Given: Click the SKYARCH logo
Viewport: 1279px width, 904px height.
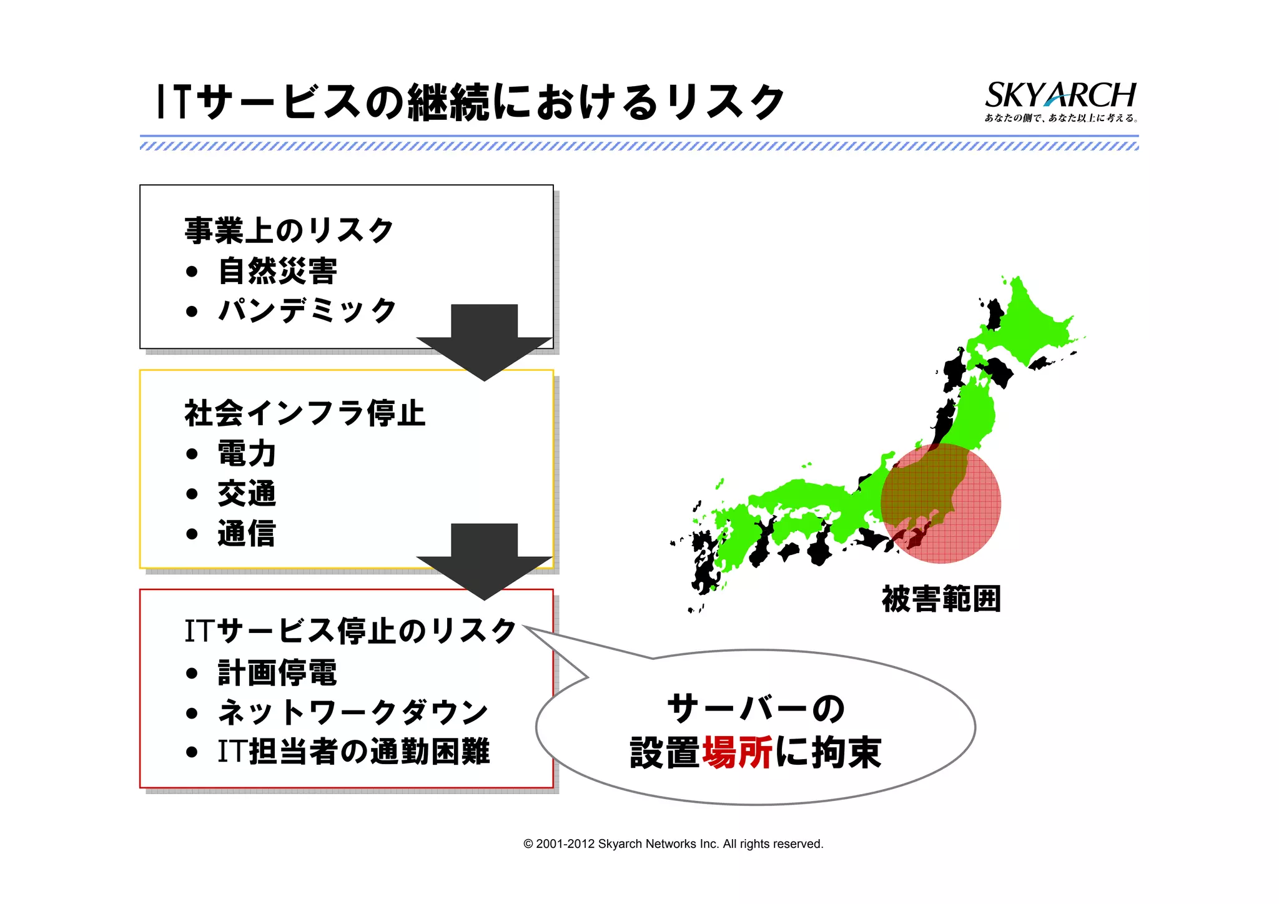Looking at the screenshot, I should [x=1060, y=100].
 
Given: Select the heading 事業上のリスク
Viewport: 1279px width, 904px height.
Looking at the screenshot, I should [x=289, y=230].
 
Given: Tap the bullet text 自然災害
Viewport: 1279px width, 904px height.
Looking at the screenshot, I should [x=277, y=271].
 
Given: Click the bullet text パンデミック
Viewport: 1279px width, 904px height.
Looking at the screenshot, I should [x=307, y=310].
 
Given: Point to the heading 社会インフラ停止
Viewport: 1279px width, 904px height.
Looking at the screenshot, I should [x=304, y=413].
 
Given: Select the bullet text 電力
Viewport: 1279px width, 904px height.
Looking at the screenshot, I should [x=247, y=453].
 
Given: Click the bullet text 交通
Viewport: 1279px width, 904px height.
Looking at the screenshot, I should [x=247, y=493].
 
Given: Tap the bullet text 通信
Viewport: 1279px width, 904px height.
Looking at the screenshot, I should [x=247, y=534].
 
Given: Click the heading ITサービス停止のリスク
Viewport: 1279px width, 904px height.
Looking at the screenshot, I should [x=350, y=631].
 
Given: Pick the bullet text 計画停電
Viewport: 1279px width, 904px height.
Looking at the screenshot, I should [x=277, y=672].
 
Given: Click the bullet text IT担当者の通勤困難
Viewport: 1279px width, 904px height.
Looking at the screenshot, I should [x=353, y=752].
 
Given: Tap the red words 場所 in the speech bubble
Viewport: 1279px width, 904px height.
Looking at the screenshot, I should [x=738, y=752].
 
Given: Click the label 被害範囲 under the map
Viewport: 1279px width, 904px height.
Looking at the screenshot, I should [x=941, y=599].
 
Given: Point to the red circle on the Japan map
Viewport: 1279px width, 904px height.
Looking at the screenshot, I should [x=941, y=503].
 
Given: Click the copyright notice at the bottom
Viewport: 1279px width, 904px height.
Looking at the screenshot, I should [x=673, y=844].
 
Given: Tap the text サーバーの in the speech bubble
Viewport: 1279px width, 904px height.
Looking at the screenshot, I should [x=756, y=709].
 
